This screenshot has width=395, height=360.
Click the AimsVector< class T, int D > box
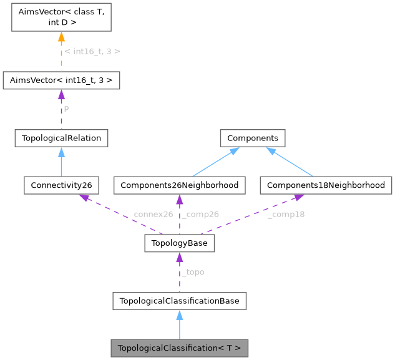click(61, 17)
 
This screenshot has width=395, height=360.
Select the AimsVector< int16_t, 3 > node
click(61, 80)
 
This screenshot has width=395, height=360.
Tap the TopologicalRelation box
click(61, 138)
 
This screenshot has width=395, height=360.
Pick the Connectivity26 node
click(61, 185)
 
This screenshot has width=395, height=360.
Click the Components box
click(252, 138)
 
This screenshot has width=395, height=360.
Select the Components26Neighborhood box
click(179, 185)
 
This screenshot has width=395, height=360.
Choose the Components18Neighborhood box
click(326, 185)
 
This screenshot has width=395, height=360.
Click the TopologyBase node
click(179, 243)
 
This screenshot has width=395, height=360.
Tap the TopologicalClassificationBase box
click(179, 301)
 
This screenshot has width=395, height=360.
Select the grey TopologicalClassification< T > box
click(179, 348)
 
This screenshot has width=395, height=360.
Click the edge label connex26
click(153, 215)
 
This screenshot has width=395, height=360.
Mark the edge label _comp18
click(286, 215)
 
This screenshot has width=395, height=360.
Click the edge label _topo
click(192, 272)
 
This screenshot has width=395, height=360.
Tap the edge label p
click(67, 109)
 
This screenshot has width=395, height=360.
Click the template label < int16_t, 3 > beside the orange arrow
click(92, 51)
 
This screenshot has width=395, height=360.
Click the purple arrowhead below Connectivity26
click(82, 197)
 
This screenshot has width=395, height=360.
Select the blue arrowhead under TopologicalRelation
click(61, 152)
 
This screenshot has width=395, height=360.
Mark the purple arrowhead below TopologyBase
click(179, 257)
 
